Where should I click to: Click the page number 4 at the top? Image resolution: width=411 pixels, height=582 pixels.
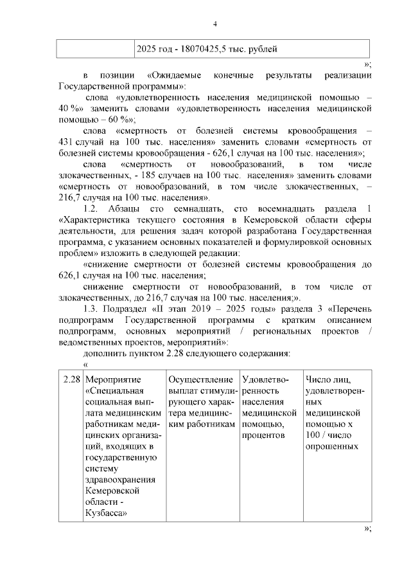(215, 24)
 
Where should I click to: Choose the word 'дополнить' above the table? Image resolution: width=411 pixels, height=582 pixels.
(107, 353)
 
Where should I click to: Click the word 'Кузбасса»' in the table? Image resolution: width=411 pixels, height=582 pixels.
(105, 513)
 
